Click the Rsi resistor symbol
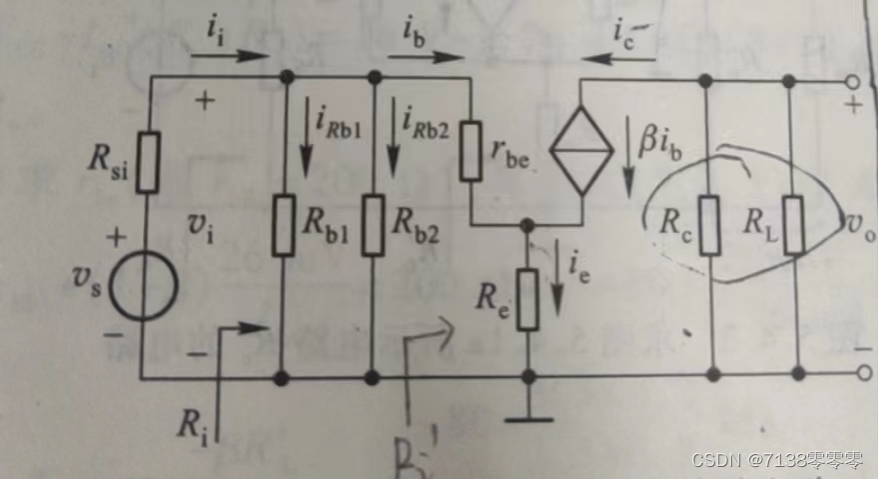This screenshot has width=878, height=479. point(148,161)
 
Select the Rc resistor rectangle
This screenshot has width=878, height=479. point(710,225)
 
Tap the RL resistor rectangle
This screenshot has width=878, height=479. point(796,225)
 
